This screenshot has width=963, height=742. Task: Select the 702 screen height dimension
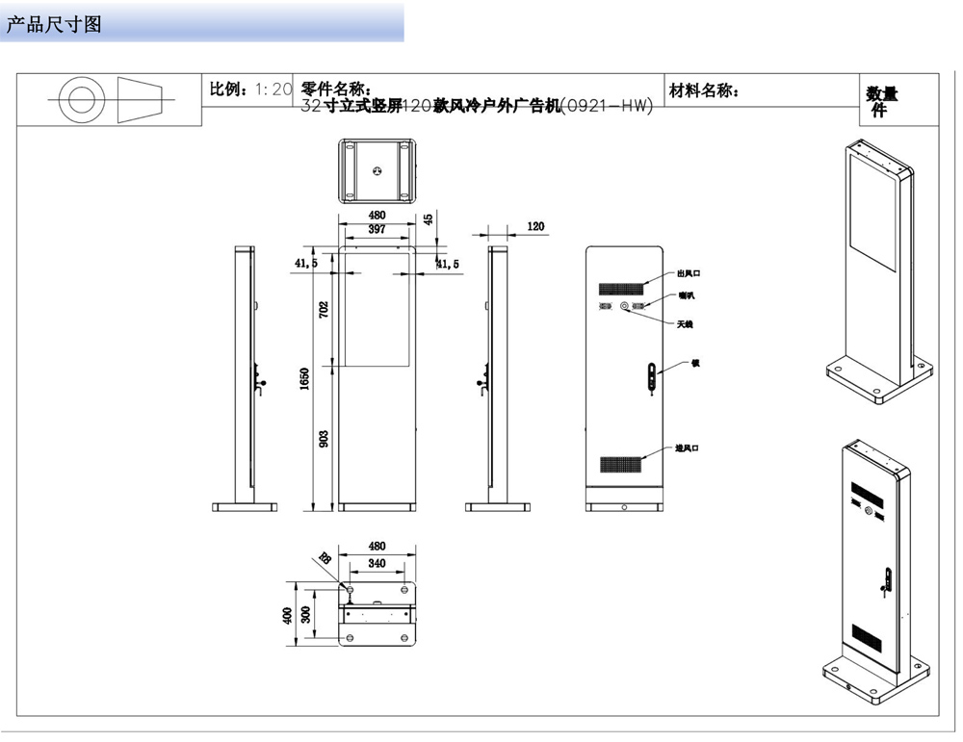pos(325,309)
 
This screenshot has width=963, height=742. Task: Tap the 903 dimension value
pos(325,438)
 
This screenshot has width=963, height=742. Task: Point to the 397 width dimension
pos(377,230)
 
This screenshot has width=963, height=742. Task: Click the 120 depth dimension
pos(535,227)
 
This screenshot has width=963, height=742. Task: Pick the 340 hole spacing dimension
pos(377,564)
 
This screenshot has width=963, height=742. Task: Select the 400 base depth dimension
pos(287,615)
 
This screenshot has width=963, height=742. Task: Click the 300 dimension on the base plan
pos(306,615)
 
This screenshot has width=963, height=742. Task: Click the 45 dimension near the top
pos(429,219)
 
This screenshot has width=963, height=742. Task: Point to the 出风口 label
pos(687,274)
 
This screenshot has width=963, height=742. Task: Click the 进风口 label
pos(687,448)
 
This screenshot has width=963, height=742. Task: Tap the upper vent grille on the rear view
pos(623,288)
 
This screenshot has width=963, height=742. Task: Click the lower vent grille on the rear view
pos(623,463)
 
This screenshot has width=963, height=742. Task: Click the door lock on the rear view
pos(652,376)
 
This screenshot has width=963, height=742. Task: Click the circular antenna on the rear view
pos(624,307)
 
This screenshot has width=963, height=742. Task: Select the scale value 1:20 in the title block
pos(273,90)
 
